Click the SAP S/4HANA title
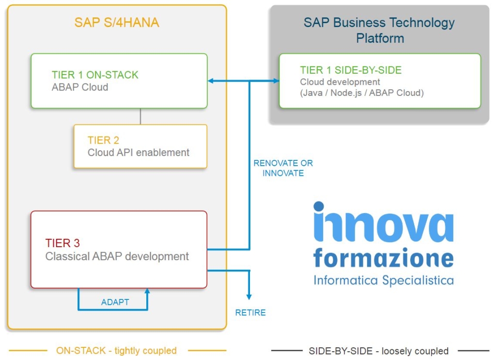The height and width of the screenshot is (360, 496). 117,22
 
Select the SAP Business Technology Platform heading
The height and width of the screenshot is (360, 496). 379,30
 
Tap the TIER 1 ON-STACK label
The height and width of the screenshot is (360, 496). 95,75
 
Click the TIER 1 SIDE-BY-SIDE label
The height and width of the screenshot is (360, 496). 351,70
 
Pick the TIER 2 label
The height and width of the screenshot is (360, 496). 103,140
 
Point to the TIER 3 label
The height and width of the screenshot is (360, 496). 62,243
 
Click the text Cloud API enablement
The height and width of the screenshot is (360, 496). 139,153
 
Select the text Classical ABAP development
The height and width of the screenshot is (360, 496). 117,256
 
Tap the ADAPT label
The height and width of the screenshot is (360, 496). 115,302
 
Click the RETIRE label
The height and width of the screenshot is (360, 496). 250,313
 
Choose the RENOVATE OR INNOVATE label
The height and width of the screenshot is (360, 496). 283,168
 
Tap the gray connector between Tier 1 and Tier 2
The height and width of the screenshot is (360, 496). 140,116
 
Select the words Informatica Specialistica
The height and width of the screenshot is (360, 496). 383,280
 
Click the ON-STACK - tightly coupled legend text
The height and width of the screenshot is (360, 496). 116,350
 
